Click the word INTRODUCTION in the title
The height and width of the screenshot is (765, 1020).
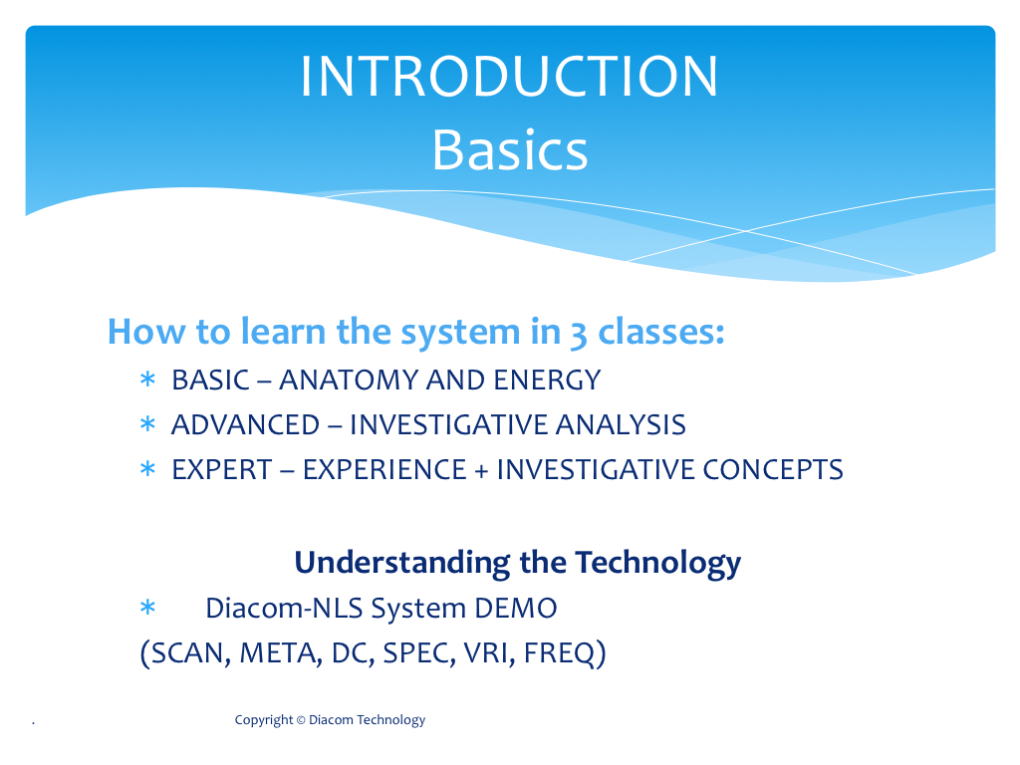(509, 76)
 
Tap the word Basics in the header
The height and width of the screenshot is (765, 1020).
(510, 150)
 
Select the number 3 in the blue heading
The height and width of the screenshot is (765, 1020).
(579, 335)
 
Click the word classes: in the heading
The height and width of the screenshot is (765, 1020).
(661, 331)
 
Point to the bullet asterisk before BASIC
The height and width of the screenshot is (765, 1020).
(147, 379)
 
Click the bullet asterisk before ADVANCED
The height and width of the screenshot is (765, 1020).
(147, 424)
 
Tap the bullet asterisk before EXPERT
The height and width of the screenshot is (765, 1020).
(147, 468)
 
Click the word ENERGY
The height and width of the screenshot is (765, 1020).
(547, 381)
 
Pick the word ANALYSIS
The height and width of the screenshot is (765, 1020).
(621, 425)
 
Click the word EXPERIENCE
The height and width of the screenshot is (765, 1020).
(384, 470)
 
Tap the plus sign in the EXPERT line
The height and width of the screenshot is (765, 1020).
(481, 471)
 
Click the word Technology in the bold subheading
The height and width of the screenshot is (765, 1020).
(658, 564)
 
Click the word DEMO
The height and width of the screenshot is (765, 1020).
(516, 609)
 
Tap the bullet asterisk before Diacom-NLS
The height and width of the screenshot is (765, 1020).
(147, 608)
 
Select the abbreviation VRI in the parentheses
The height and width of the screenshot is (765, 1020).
(486, 653)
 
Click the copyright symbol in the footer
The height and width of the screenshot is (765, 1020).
(301, 720)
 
